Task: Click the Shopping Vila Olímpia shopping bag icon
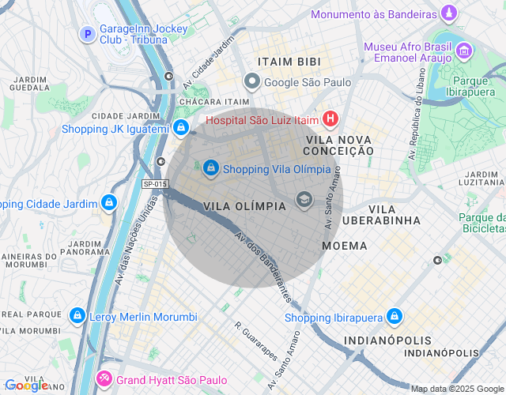pyautogui.click(x=211, y=168)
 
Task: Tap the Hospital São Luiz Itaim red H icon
pyautogui.click(x=330, y=120)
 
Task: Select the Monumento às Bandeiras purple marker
pyautogui.click(x=449, y=14)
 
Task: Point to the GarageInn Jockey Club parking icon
pyautogui.click(x=88, y=35)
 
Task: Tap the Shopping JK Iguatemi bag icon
pyautogui.click(x=182, y=128)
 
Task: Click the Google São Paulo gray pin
pyautogui.click(x=252, y=81)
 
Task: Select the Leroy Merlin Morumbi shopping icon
pyautogui.click(x=77, y=317)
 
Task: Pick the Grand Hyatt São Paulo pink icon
pyautogui.click(x=104, y=380)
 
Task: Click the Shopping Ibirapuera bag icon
pyautogui.click(x=395, y=318)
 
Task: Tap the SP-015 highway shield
pyautogui.click(x=155, y=184)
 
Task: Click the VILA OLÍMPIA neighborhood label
pyautogui.click(x=244, y=205)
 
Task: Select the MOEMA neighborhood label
pyautogui.click(x=345, y=246)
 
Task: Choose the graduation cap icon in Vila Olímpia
pyautogui.click(x=303, y=200)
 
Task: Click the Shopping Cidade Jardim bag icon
pyautogui.click(x=108, y=204)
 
